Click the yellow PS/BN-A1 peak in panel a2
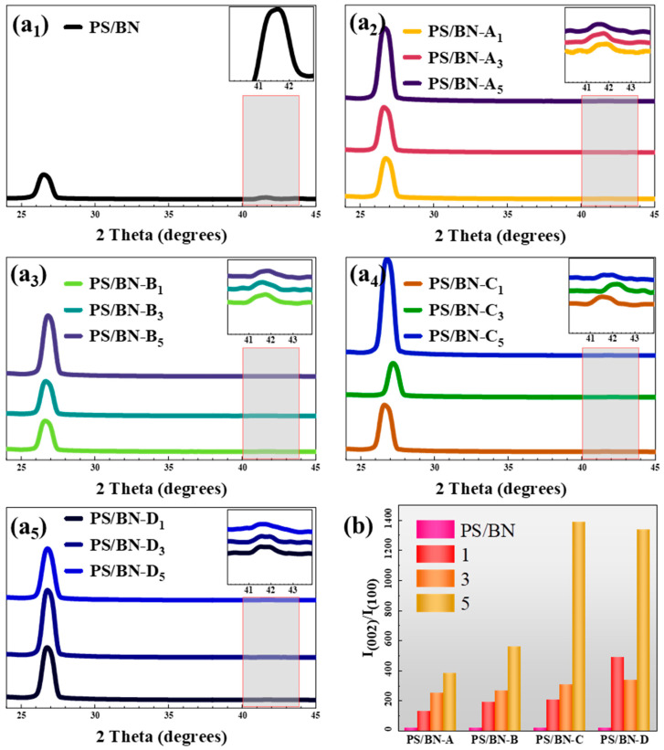385,174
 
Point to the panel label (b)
373,526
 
